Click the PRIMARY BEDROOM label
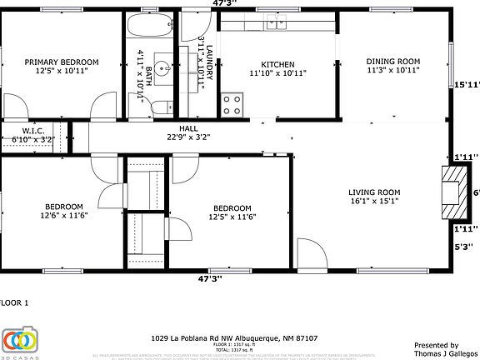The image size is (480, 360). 62,62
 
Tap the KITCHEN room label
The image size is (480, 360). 277,64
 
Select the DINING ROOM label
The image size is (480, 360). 393,62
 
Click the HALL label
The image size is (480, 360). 188,128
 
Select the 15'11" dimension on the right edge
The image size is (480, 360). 466,84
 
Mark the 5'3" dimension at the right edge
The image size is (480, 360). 463,246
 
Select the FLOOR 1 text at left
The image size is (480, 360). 14,302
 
